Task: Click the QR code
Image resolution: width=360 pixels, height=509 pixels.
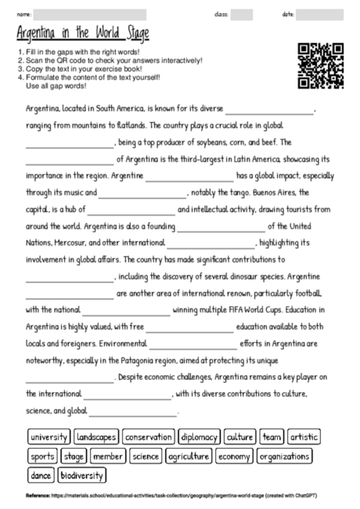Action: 321,66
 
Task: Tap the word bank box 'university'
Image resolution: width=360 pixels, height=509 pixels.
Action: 49,436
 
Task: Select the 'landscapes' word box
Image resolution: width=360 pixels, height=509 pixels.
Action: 97,436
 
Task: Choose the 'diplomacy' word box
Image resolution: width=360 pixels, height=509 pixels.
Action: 199,436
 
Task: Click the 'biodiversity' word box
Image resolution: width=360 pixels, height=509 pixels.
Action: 81,475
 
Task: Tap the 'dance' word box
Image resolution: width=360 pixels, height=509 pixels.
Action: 40,475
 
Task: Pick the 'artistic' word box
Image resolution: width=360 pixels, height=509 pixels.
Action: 304,436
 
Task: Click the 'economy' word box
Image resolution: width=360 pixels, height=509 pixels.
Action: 234,456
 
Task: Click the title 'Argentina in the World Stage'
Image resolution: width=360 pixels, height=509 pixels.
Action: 82,34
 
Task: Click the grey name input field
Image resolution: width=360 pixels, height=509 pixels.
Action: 90,14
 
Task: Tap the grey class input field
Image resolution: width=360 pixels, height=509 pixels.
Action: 242,14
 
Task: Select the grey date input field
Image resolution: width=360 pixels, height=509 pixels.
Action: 319,14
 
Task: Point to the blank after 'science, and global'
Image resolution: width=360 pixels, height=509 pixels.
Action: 133,410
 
